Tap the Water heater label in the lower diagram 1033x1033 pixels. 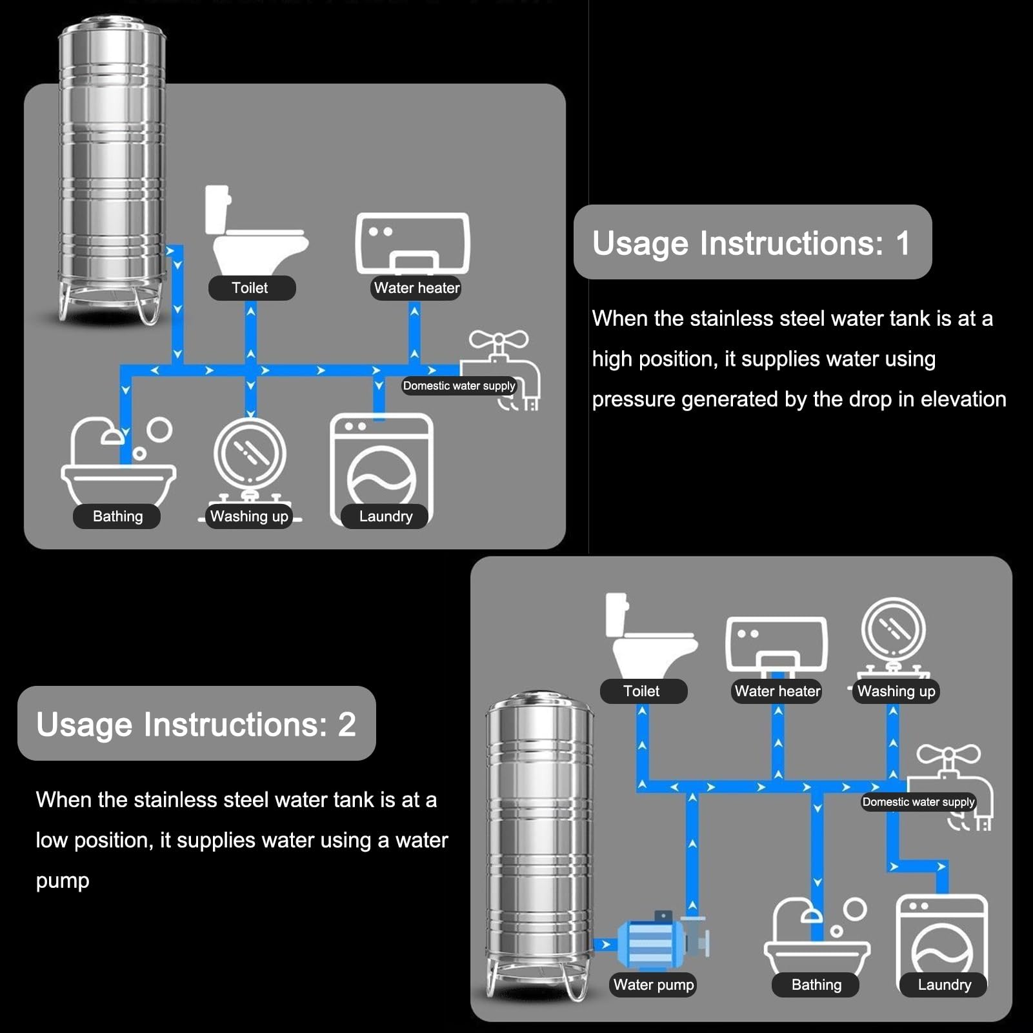(777, 691)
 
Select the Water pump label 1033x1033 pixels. (654, 985)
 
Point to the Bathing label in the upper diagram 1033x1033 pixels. (117, 516)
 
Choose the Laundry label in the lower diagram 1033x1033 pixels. (944, 985)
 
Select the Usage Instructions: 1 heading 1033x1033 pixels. (752, 243)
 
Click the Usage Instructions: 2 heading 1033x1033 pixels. (196, 723)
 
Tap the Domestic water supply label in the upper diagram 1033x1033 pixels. (459, 386)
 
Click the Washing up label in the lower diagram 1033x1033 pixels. (896, 691)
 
